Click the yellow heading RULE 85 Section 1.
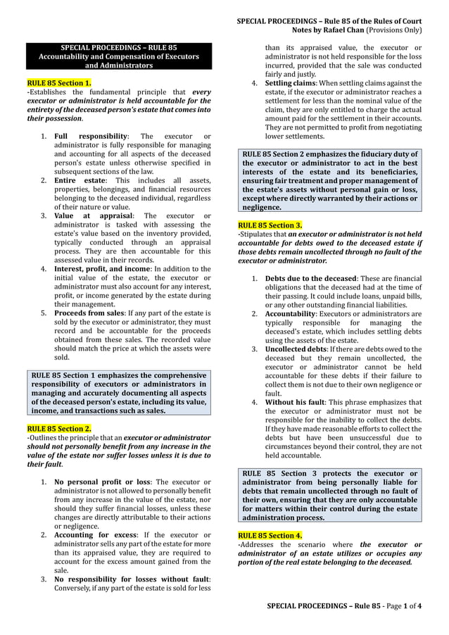(59, 82)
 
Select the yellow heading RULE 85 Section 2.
(59, 428)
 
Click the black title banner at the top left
(119, 56)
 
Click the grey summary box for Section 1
(119, 393)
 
